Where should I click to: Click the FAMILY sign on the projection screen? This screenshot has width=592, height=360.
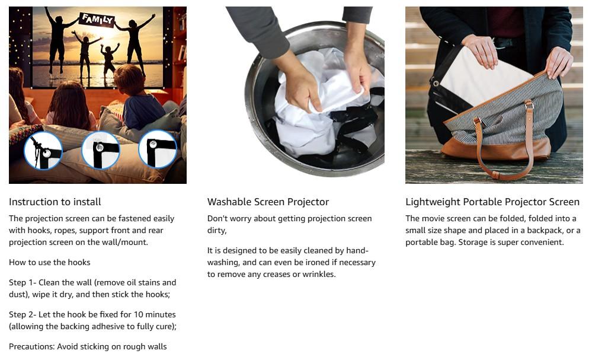pyautogui.click(x=97, y=19)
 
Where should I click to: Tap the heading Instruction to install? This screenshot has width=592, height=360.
pyautogui.click(x=55, y=202)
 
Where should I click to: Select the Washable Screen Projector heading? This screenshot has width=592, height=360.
pyautogui.click(x=268, y=202)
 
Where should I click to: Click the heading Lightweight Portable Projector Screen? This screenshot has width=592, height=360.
pyautogui.click(x=492, y=202)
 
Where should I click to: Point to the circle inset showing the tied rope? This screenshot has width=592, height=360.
pyautogui.click(x=43, y=151)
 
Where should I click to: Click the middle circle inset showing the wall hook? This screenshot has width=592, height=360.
pyautogui.click(x=100, y=150)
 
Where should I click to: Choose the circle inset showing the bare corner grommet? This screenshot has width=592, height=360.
pyautogui.click(x=158, y=149)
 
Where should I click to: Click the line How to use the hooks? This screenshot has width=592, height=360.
pyautogui.click(x=49, y=262)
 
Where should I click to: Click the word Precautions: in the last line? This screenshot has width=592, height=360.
pyautogui.click(x=32, y=347)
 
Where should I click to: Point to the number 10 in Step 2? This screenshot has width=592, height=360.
pyautogui.click(x=138, y=315)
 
